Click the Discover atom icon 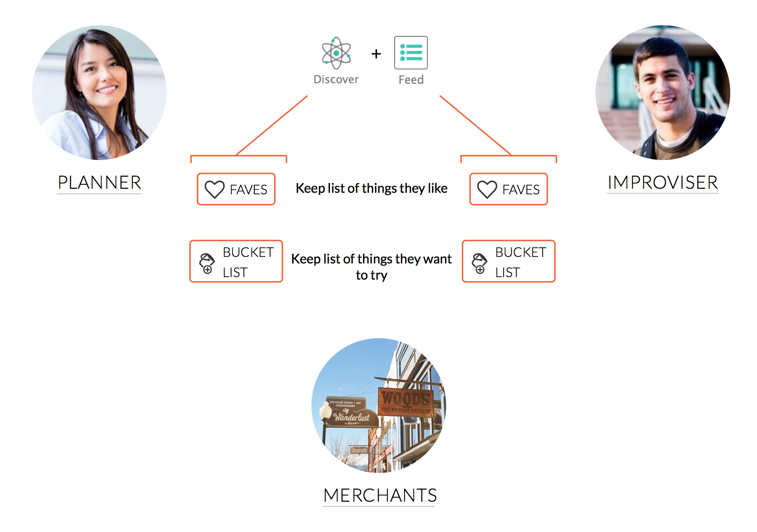coord(336,53)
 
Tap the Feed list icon coord(411,52)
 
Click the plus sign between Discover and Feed coord(376,54)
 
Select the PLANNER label coord(99,183)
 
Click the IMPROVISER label coord(663,183)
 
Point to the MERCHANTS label coord(380,496)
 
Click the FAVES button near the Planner coord(236,189)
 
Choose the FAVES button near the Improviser coord(509,189)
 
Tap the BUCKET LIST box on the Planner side coord(236,261)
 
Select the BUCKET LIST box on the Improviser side coord(509,261)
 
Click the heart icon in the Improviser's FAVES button coord(487,190)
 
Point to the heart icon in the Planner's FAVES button coord(214,190)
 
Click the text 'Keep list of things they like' coord(371,188)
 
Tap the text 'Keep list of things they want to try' coord(371,267)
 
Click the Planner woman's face coord(103,76)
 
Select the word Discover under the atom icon coord(336,80)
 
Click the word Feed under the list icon coord(411,80)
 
